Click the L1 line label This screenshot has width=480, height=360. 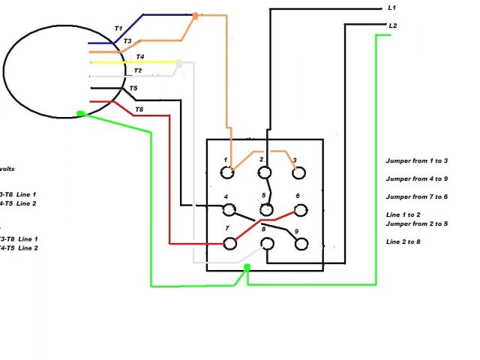[x=391, y=7]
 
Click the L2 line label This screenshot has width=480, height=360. [x=392, y=25]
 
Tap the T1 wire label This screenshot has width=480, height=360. [x=118, y=28]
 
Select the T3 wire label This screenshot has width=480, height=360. [x=127, y=41]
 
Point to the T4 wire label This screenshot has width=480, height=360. [x=140, y=57]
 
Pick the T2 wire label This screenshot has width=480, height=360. [x=137, y=71]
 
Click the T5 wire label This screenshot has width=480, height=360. [x=133, y=88]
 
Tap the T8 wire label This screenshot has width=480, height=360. [x=139, y=110]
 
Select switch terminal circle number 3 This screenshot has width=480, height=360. [x=299, y=172]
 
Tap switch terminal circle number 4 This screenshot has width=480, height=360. [x=229, y=208]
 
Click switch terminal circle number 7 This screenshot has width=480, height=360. [x=230, y=243]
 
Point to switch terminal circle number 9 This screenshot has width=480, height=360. [x=301, y=243]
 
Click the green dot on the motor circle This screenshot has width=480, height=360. [x=81, y=114]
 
